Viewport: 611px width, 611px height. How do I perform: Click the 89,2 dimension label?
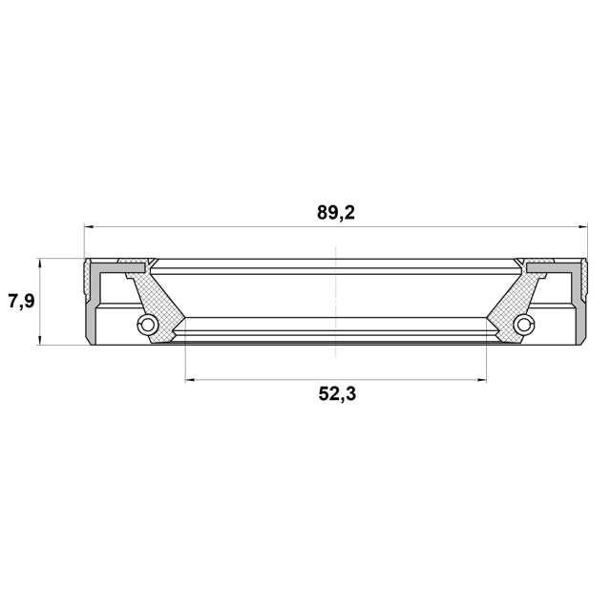336,213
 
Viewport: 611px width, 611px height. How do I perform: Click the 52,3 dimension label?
337,394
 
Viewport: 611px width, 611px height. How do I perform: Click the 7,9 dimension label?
22,302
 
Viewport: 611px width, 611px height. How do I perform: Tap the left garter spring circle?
147,324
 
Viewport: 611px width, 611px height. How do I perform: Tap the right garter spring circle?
524,324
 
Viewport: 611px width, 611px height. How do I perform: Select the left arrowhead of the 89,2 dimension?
89,226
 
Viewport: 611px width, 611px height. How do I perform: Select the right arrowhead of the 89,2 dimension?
582,226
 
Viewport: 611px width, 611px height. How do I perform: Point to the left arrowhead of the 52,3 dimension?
190,380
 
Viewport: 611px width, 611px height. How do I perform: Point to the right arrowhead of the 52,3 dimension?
481,380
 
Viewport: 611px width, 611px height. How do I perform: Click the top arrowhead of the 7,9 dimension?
39,263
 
